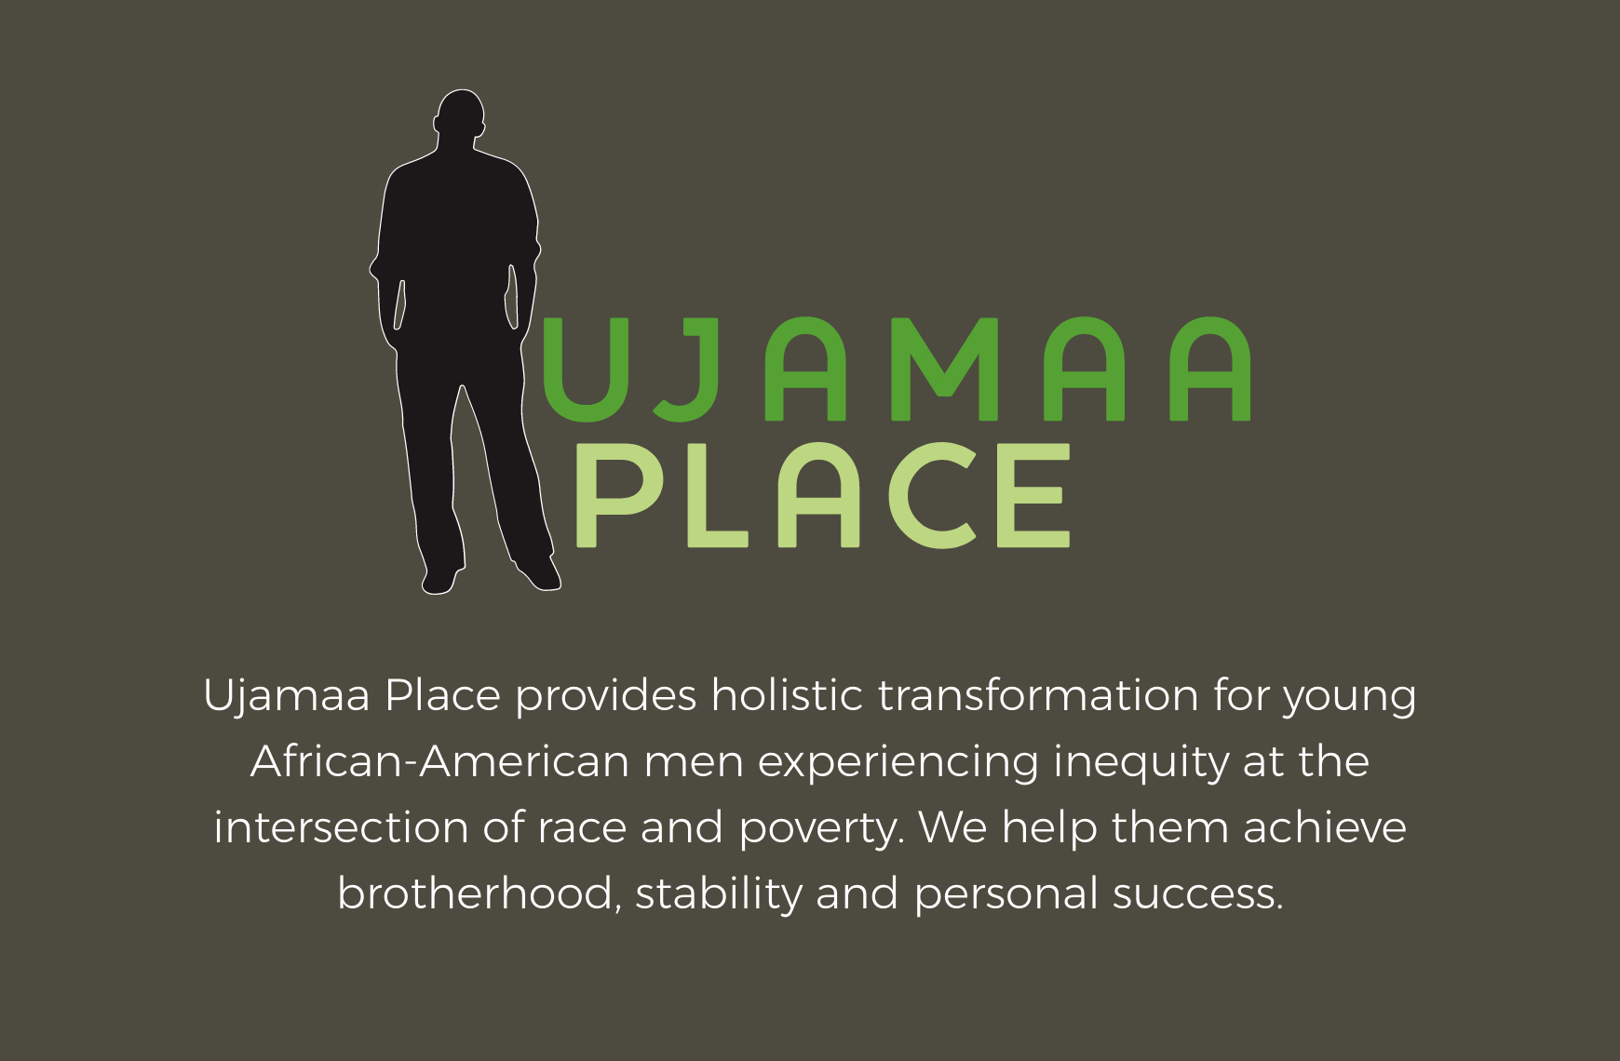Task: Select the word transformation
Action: [x=1038, y=695]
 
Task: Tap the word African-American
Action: [x=439, y=761]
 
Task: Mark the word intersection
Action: [x=340, y=827]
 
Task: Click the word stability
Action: [x=719, y=894]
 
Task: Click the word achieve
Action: [x=1324, y=827]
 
